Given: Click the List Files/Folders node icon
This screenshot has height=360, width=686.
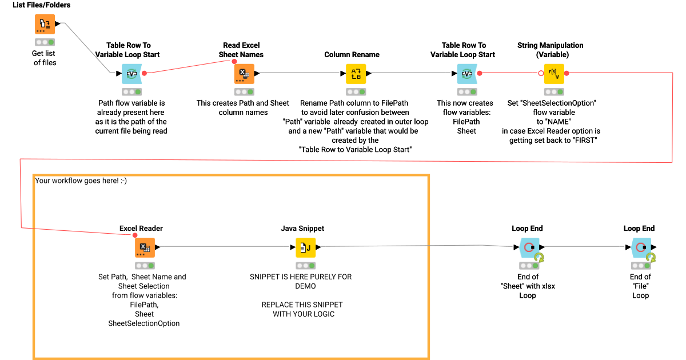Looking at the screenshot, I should (x=45, y=24).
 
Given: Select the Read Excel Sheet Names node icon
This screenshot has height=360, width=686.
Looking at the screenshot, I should (x=244, y=73).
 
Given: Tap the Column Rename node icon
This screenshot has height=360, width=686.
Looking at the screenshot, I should (x=355, y=73).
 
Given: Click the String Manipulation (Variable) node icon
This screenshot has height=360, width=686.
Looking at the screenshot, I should (x=553, y=73).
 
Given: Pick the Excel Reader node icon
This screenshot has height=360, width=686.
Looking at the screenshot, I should (x=145, y=247).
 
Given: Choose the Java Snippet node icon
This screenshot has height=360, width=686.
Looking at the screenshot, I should (x=305, y=247).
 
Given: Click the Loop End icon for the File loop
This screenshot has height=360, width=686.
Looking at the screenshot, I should (x=641, y=247).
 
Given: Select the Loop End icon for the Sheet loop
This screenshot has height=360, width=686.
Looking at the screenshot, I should (x=529, y=247).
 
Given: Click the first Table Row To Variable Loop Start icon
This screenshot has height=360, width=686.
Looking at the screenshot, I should (x=131, y=73).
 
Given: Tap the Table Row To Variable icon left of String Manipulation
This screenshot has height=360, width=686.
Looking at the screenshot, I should (x=466, y=73).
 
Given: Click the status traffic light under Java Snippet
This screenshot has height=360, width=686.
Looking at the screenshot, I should (x=305, y=266).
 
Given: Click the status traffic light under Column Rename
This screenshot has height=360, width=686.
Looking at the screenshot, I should (x=355, y=91).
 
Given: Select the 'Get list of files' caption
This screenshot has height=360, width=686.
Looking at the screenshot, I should (x=45, y=58).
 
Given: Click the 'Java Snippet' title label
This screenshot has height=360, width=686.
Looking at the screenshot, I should (x=302, y=229).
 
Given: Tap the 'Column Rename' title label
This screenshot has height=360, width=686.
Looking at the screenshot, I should (x=352, y=55).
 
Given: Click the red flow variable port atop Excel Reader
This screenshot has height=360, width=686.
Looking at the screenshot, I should (x=135, y=235).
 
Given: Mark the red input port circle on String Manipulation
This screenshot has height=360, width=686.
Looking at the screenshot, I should (x=541, y=73).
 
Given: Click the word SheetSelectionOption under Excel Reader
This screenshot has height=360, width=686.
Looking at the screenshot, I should (x=144, y=323).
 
